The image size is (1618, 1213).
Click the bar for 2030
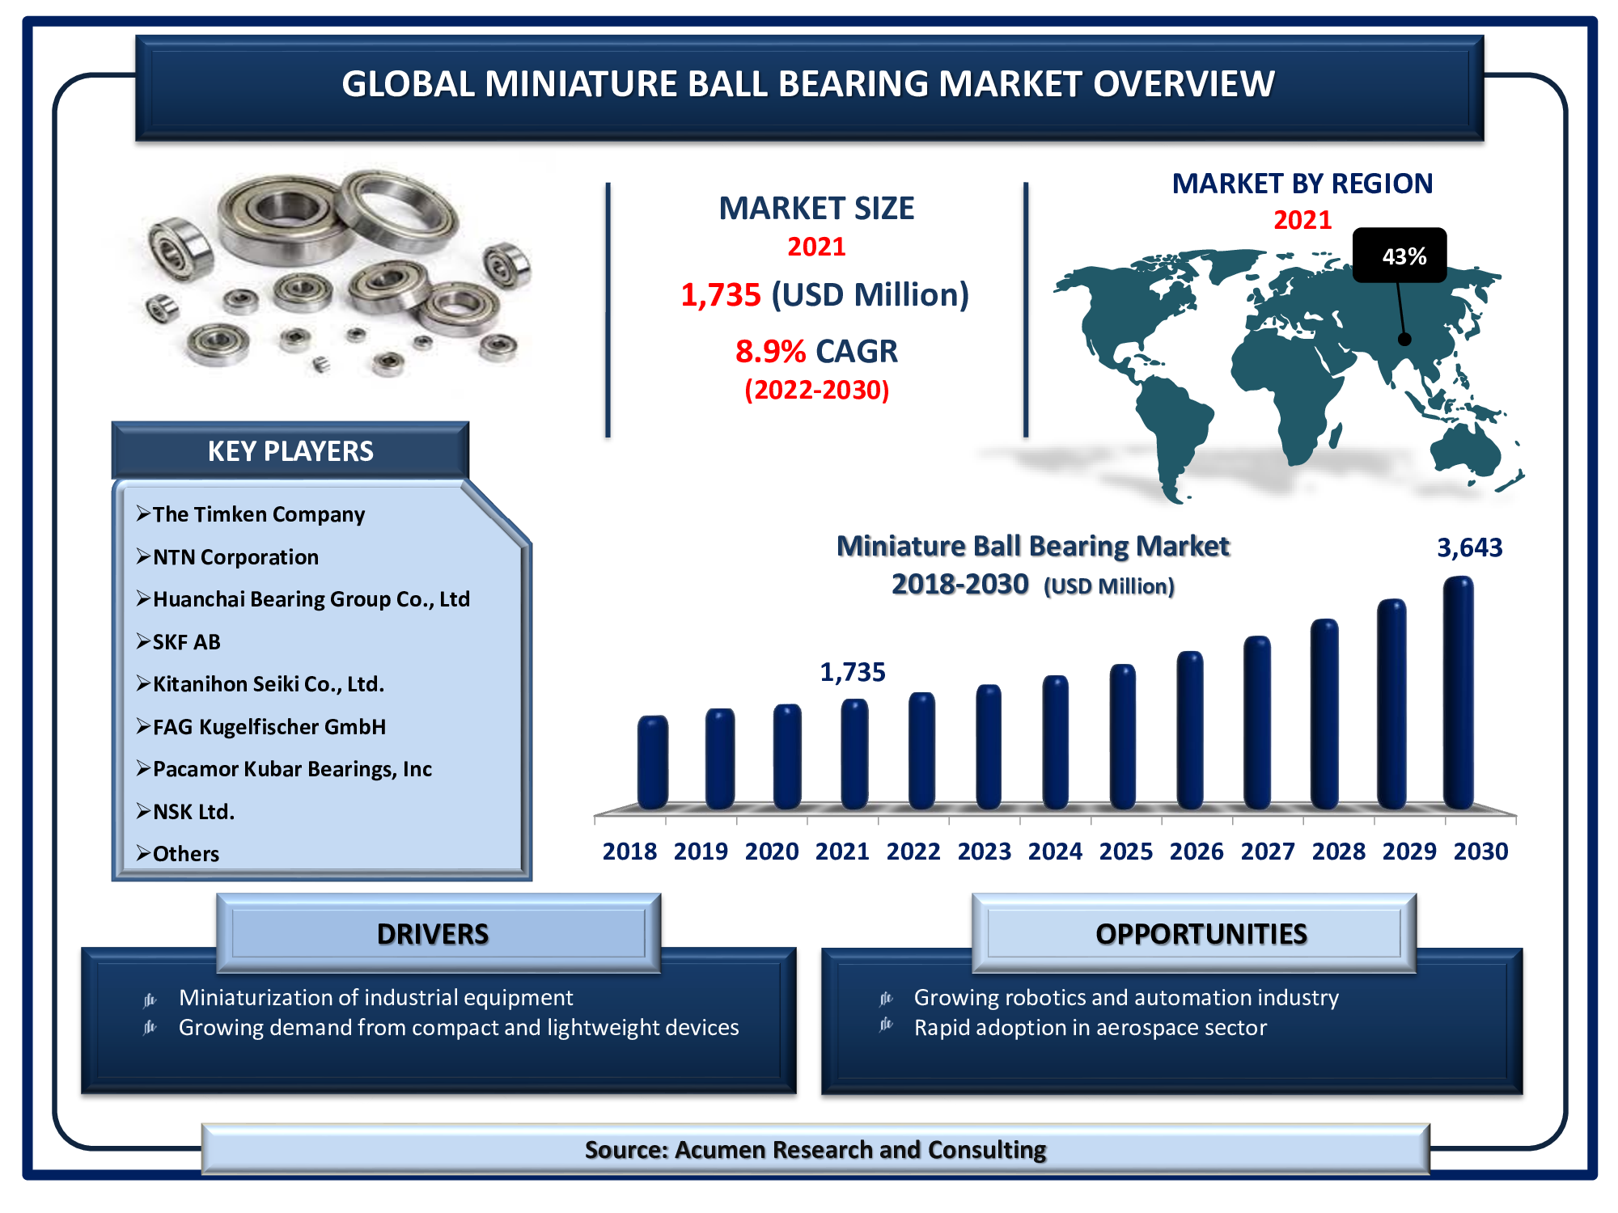(1458, 693)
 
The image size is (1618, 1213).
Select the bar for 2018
(653, 763)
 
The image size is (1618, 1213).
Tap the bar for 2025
(1123, 737)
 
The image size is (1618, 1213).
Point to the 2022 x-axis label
(913, 852)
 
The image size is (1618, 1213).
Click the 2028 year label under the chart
(1339, 852)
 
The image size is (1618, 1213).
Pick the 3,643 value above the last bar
(1469, 547)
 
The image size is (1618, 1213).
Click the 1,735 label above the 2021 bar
(853, 672)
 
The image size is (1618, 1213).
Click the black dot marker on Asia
(1404, 340)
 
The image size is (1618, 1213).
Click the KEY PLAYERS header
(290, 450)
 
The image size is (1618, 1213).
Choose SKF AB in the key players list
(186, 642)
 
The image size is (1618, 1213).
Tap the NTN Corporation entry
(235, 557)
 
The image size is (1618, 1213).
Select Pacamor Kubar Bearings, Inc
(292, 769)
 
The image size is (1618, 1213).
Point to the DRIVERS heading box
(438, 933)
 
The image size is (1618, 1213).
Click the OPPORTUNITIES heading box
(1194, 933)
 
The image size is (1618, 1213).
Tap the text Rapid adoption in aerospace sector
(1091, 1028)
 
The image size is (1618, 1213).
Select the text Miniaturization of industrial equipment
(376, 998)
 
